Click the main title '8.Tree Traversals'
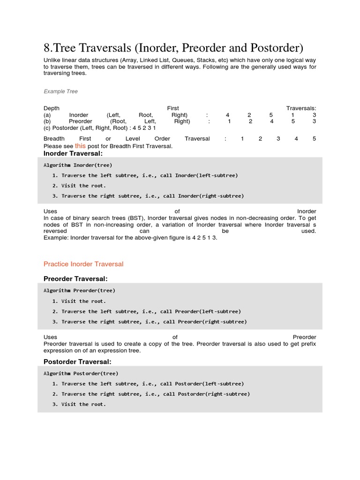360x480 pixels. (173, 48)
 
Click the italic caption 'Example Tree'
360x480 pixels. (60, 91)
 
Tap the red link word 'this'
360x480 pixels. (80, 146)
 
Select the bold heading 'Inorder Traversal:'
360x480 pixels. (73, 153)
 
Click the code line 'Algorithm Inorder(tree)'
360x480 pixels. (78, 165)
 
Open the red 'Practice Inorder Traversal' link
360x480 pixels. (83, 264)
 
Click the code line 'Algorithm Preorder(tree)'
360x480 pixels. (79, 291)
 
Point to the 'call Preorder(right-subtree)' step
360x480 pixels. (204, 322)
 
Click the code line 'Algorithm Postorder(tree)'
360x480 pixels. (81, 374)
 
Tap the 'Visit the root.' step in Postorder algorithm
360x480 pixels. (83, 404)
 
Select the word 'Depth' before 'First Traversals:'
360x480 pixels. (52, 108)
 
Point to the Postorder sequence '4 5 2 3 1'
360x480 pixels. (144, 127)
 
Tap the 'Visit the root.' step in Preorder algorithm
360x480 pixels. (83, 301)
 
